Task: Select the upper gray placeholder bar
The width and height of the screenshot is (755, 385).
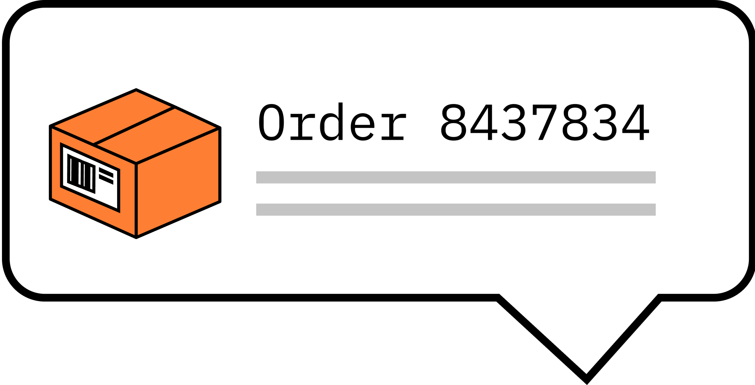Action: [x=456, y=177]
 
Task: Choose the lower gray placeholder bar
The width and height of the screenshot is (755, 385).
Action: [x=456, y=209]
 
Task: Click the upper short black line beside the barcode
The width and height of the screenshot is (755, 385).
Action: [x=106, y=172]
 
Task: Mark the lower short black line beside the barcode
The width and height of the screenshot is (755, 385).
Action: [x=106, y=180]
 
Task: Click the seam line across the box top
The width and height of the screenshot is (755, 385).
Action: [x=134, y=126]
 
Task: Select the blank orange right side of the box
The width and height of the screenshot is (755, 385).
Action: [x=178, y=183]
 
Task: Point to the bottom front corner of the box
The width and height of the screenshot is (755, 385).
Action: [x=136, y=237]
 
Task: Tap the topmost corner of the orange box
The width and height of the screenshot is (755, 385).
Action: [x=136, y=90]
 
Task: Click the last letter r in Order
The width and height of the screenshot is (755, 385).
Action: [x=393, y=126]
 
